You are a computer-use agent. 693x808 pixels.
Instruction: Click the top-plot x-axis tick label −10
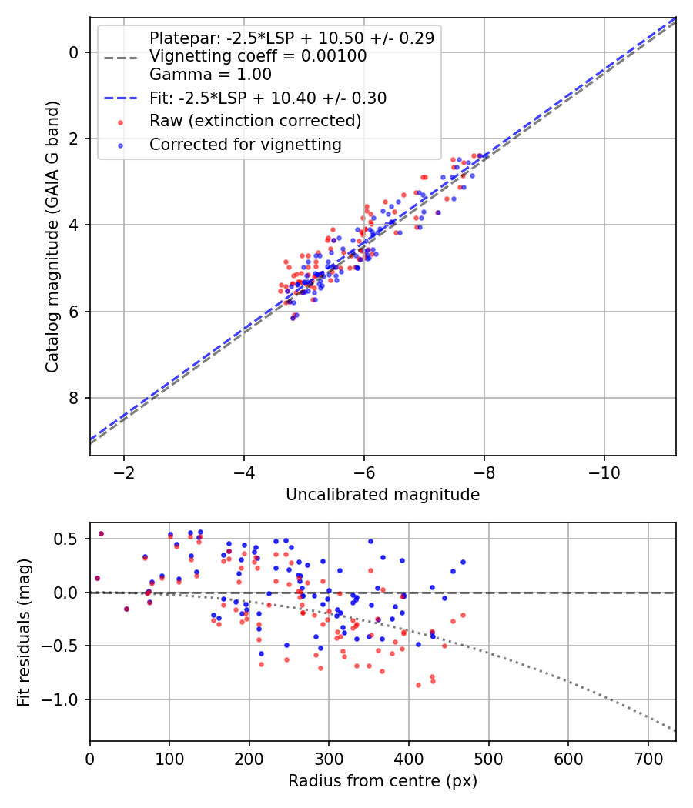tap(604, 473)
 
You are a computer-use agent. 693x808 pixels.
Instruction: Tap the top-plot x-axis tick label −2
tap(124, 473)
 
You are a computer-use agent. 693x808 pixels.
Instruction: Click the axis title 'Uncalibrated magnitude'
tap(383, 495)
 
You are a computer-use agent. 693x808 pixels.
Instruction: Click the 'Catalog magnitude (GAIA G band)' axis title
tap(52, 236)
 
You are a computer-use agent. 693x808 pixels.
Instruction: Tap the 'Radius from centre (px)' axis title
tap(383, 781)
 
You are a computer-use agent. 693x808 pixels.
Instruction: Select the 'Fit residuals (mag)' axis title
tap(24, 633)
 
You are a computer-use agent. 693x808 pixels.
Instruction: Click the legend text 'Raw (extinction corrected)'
tap(255, 121)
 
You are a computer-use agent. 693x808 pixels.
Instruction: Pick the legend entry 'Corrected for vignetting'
tap(246, 145)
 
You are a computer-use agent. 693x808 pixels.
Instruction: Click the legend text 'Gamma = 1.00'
tap(210, 75)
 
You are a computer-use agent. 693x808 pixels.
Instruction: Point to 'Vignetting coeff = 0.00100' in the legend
tap(258, 56)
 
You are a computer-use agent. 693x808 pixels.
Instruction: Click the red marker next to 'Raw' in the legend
tap(121, 122)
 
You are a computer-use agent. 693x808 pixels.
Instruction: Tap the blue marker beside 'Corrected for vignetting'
tap(121, 146)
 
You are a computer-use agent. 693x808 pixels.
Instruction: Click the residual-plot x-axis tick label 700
tap(648, 759)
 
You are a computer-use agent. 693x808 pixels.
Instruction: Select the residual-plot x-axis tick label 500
tap(488, 759)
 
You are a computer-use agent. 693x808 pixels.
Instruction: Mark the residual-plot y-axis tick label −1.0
tap(60, 699)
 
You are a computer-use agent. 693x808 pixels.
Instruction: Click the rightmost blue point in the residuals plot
tap(463, 563)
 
